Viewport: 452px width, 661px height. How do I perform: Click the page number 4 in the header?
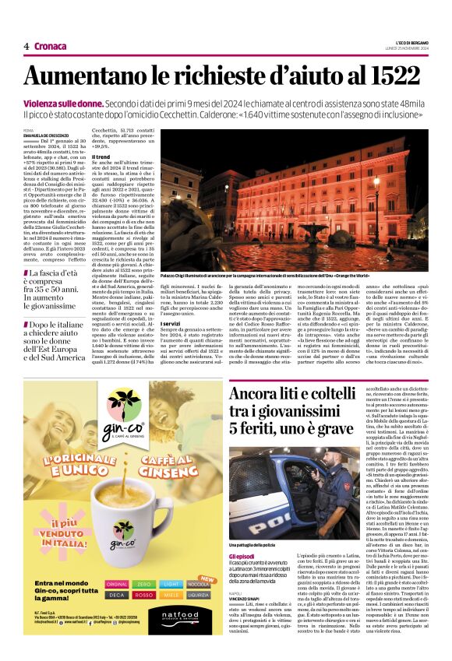[26, 47]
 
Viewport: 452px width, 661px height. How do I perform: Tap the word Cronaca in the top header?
[51, 47]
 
